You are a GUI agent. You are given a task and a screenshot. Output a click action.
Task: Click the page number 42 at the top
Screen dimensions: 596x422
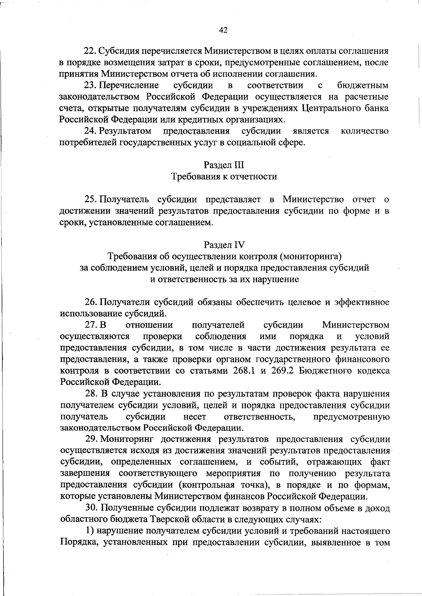(223, 30)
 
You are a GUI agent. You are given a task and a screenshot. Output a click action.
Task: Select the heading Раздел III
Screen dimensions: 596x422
(224, 165)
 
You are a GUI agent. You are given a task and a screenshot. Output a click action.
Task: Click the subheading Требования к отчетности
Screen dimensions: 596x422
(224, 177)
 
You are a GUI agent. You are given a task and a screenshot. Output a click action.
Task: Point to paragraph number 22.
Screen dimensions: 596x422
(89, 51)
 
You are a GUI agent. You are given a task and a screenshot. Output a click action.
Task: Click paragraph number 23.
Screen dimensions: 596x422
(89, 85)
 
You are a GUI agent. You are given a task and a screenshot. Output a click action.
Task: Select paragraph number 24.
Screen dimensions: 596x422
(89, 131)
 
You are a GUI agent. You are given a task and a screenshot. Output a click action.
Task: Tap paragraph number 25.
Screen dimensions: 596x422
(90, 200)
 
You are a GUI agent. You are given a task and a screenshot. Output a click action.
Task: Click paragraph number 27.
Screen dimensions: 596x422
(90, 325)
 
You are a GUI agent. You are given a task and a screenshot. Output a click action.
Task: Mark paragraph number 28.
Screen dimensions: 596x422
(91, 394)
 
